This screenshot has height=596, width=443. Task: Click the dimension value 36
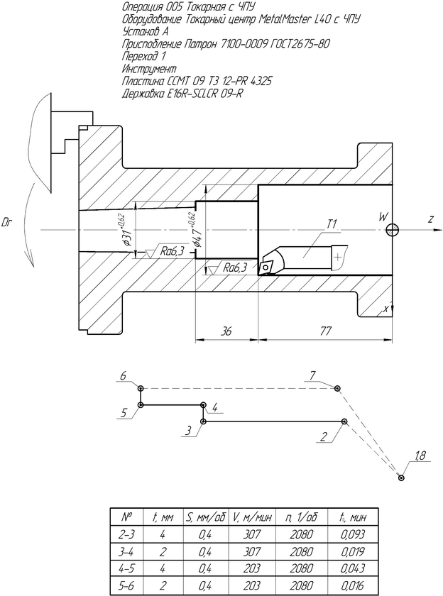(x=226, y=331)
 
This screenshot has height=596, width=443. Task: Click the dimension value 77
(x=325, y=331)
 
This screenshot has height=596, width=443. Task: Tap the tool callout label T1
(x=332, y=224)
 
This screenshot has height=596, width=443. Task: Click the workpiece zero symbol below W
(x=392, y=229)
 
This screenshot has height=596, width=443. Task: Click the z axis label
(x=431, y=219)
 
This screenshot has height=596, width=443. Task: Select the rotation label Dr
(x=7, y=223)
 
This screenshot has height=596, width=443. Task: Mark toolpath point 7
(x=337, y=388)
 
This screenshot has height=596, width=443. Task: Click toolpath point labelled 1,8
(x=401, y=478)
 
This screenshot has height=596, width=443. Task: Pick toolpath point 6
(x=141, y=389)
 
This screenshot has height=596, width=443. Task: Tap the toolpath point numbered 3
(x=204, y=421)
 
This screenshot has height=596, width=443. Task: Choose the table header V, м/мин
(x=251, y=517)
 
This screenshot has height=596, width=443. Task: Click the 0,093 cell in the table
(x=353, y=534)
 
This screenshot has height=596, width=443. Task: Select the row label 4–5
(x=126, y=568)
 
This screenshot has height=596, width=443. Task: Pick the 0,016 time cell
(x=353, y=585)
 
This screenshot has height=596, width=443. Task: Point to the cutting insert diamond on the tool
(x=266, y=267)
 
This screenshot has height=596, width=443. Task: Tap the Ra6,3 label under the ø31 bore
(x=172, y=251)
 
